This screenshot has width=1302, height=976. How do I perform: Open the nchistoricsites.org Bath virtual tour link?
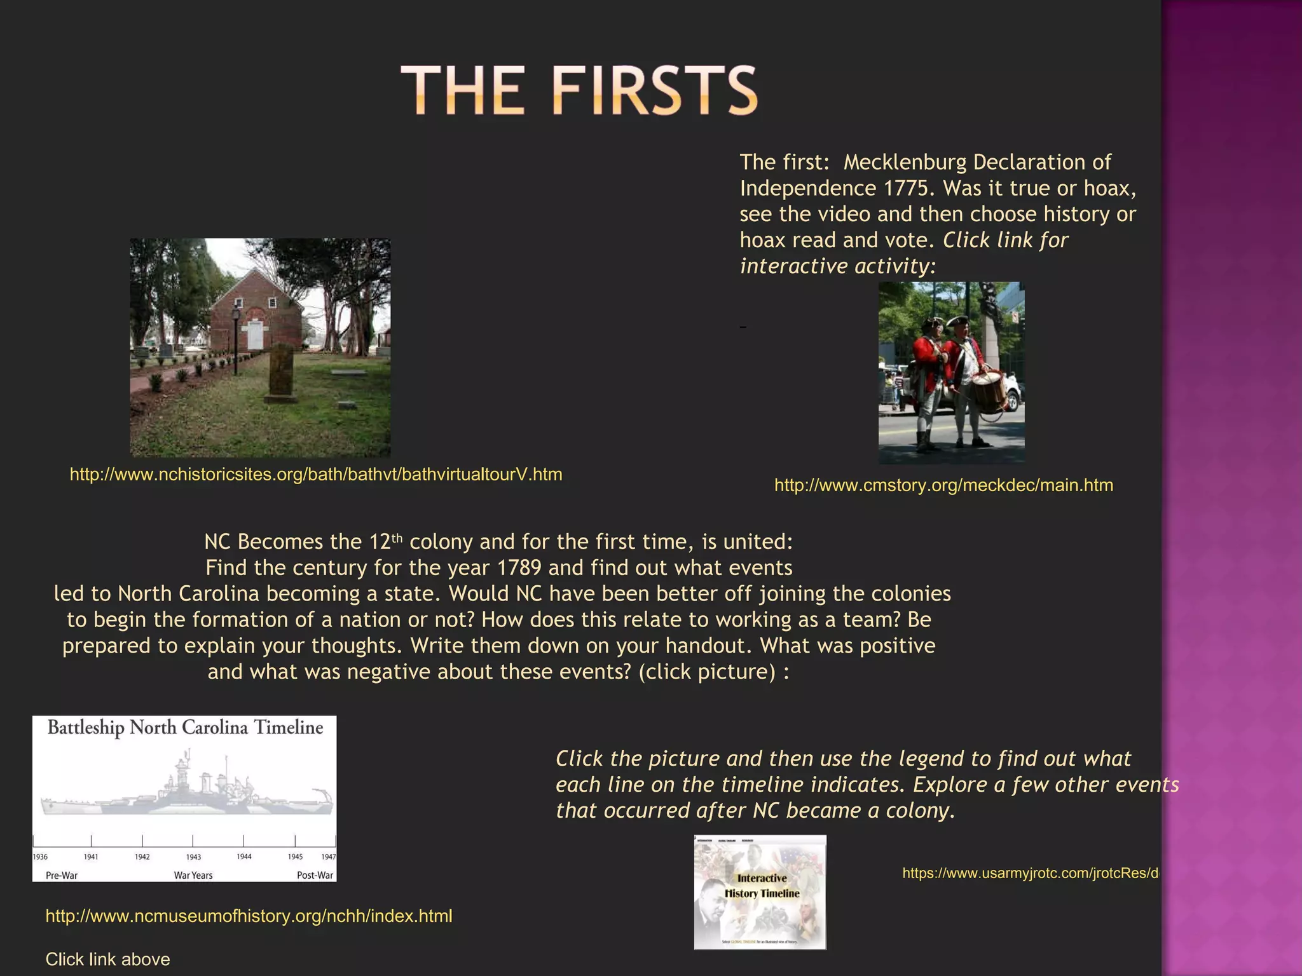click(x=316, y=475)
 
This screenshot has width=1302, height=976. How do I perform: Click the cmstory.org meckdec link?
click(x=943, y=485)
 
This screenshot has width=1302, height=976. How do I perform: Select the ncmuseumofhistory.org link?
click(x=249, y=916)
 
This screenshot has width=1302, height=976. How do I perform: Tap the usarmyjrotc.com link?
click(x=1030, y=874)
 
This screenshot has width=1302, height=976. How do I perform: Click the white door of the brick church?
click(x=254, y=335)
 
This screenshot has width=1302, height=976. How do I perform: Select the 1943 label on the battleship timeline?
click(x=193, y=857)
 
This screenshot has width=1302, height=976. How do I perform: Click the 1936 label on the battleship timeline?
click(x=40, y=857)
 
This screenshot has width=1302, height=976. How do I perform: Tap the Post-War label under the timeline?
click(x=315, y=876)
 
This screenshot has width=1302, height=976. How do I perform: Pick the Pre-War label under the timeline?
click(x=62, y=876)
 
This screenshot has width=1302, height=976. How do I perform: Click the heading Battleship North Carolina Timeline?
click(x=185, y=728)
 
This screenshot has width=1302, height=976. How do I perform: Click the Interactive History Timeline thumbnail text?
click(x=762, y=886)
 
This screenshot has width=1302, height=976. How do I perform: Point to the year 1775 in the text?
click(x=910, y=189)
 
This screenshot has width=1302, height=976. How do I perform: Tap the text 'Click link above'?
click(x=107, y=959)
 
